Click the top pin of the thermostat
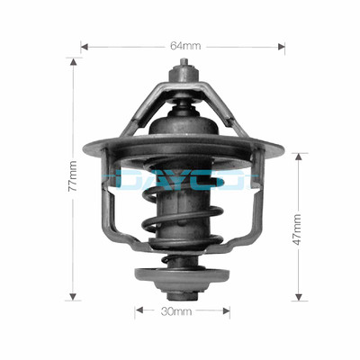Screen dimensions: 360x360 tap(184, 67)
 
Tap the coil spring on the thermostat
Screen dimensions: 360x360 tap(184, 225)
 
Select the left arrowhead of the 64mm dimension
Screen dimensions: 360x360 tap(84, 45)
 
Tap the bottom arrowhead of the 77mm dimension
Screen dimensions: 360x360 tap(72, 295)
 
